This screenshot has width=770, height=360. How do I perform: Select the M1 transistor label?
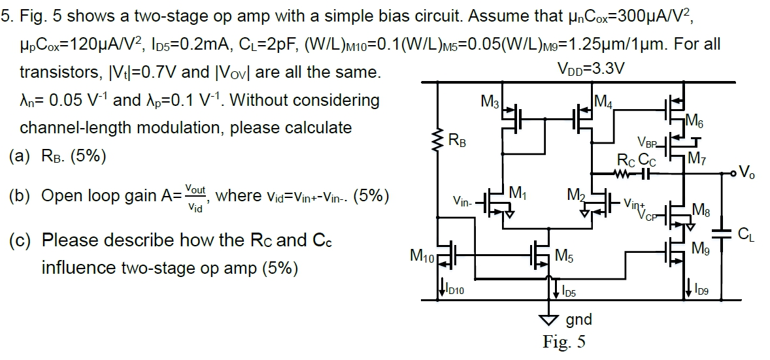click(x=517, y=193)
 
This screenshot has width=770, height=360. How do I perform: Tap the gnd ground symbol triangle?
click(x=548, y=319)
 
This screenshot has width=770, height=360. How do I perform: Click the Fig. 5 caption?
click(x=564, y=342)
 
